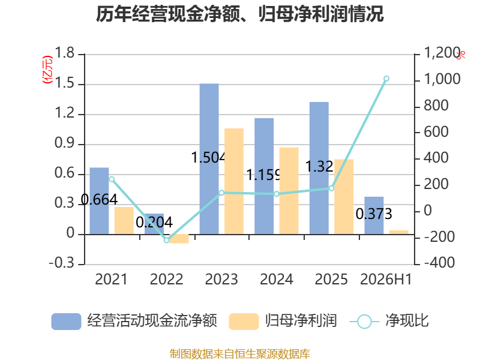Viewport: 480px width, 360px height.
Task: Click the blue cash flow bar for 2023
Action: click(209, 159)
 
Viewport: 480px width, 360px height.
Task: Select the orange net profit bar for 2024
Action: click(289, 191)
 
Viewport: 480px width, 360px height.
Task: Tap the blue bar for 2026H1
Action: click(374, 215)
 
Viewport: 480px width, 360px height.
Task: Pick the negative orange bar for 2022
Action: click(179, 239)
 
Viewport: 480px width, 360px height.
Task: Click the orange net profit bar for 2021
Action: click(124, 221)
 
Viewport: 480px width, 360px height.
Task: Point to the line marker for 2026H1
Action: click(386, 79)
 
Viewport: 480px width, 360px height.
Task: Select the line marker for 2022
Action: click(167, 241)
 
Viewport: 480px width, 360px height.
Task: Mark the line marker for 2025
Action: click(332, 188)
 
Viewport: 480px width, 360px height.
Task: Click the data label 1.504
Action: click(208, 158)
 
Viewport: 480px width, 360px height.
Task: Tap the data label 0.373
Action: click(374, 214)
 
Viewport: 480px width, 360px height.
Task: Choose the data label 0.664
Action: click(99, 200)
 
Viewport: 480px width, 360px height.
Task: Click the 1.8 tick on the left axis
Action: click(65, 53)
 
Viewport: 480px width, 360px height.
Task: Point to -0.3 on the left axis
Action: click(62, 263)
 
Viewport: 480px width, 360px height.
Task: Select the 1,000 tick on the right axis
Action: click(442, 79)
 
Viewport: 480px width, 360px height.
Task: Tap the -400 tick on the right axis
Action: click(440, 263)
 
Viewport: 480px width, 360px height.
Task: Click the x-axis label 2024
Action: click(277, 279)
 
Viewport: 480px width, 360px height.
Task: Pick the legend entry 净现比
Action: click(389, 321)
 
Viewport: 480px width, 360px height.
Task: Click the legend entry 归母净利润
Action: click(283, 321)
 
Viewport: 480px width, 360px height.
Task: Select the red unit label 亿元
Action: click(47, 70)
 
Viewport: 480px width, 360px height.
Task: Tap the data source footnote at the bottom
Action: click(240, 354)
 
